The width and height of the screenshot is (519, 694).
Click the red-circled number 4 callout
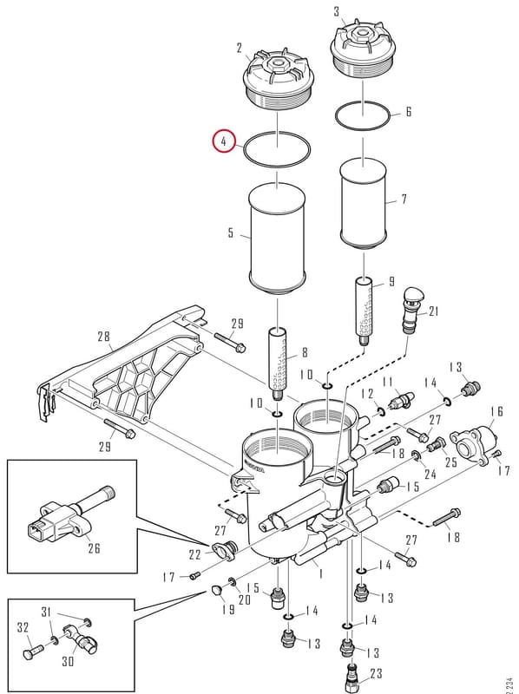click(x=224, y=141)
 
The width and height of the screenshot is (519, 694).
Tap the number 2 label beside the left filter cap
click(x=240, y=48)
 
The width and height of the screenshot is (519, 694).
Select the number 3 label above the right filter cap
click(x=337, y=11)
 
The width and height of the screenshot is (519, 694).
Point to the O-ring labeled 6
click(x=363, y=115)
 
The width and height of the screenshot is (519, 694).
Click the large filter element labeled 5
click(x=277, y=240)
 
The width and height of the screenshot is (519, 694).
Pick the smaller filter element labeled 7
click(x=363, y=203)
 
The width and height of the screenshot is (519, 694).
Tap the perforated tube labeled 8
click(x=278, y=361)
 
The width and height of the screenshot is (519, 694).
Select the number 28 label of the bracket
click(x=103, y=337)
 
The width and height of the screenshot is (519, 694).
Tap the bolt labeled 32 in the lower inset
click(x=32, y=652)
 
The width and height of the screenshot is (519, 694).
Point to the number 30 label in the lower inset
click(x=68, y=662)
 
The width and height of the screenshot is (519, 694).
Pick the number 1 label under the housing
click(x=320, y=573)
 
